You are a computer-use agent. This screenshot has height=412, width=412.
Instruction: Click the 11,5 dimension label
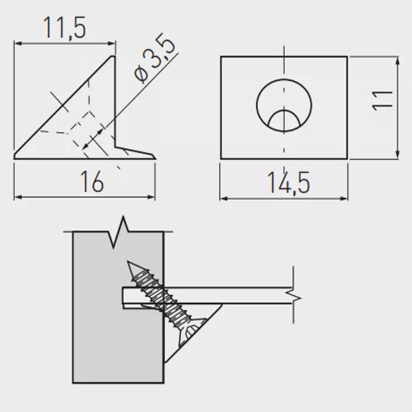coord(65,28)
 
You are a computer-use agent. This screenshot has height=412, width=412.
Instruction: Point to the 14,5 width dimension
coord(288,183)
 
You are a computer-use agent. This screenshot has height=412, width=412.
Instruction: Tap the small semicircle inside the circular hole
coord(284,119)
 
